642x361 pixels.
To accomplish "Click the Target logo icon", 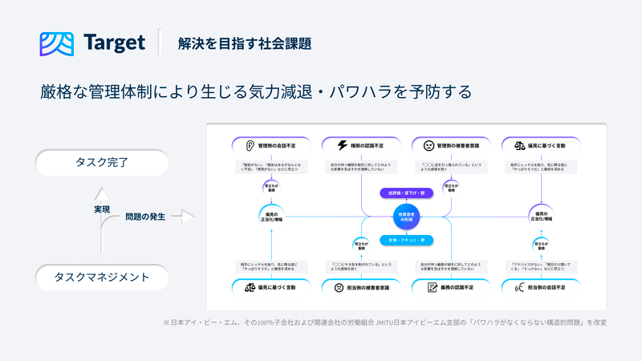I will tap(56, 43).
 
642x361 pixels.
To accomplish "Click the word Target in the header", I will tap(112, 43).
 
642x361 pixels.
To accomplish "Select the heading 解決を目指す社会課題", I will tap(245, 43).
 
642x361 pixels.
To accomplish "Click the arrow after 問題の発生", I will tap(184, 217).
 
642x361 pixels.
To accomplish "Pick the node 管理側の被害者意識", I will tap(451, 146).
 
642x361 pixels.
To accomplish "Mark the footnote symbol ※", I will tap(166, 322).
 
